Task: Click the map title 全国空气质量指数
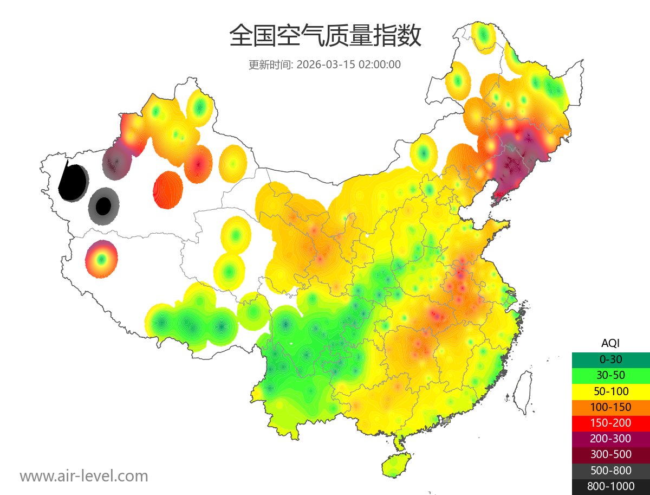tap(325, 36)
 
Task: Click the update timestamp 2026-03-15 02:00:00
tap(349, 65)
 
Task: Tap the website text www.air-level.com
tap(84, 476)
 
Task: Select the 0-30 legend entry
tap(610, 359)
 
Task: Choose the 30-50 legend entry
tap(610, 375)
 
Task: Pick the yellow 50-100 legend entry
tap(610, 390)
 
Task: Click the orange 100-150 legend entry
tap(610, 407)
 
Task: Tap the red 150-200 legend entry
tap(610, 422)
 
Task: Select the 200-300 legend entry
tap(610, 438)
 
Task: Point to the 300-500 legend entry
tap(610, 454)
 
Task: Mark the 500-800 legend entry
tap(610, 470)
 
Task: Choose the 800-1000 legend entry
tap(610, 486)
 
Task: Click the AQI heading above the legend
tap(610, 343)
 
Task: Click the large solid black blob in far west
tap(74, 182)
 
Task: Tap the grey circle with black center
tap(103, 206)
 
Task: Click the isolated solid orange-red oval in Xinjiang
tap(168, 190)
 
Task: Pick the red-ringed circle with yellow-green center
tap(101, 259)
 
